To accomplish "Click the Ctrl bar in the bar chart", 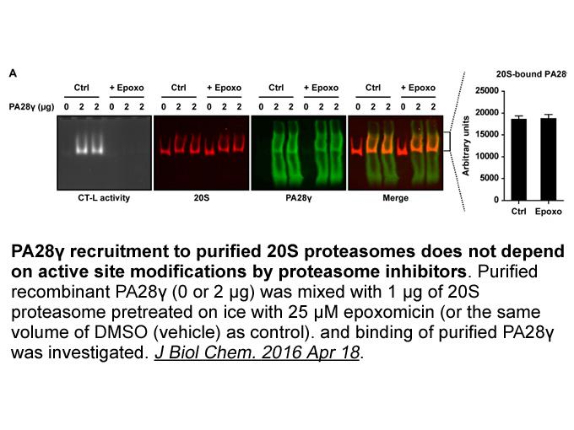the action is tap(518, 159).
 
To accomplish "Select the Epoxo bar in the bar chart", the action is tap(548, 159).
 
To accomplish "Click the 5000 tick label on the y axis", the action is tap(489, 178).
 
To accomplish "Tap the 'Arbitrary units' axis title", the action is tap(466, 146).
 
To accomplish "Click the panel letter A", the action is tap(13, 73).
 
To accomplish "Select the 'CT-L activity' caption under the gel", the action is tap(104, 198).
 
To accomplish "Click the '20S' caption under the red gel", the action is tap(202, 198).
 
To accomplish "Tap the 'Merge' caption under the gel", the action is tap(395, 198).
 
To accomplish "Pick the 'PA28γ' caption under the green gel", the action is tap(298, 198).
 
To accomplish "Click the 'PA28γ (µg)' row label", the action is tap(31, 107).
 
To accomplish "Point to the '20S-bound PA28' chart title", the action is tap(531, 74).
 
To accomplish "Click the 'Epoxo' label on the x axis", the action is tap(548, 212).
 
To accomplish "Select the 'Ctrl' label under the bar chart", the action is tap(518, 212).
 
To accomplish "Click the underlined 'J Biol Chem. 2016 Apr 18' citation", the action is tap(257, 352).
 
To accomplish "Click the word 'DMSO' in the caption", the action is tap(119, 332).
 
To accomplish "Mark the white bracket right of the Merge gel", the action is tap(447, 141).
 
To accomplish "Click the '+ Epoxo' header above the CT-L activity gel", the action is tap(127, 88).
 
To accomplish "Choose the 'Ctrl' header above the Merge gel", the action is tap(372, 88).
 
